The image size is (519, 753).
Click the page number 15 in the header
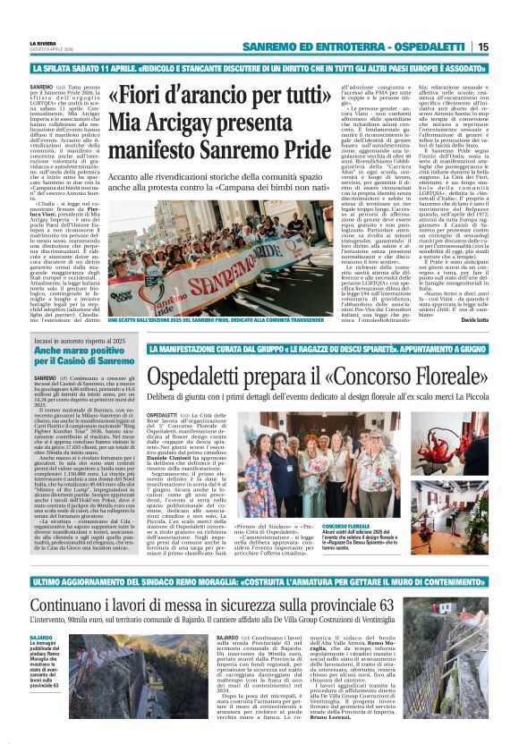tap(506, 47)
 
